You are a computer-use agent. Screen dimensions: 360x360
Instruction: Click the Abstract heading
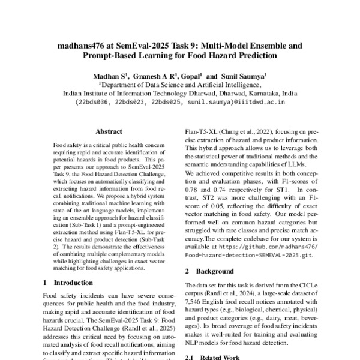[109, 131]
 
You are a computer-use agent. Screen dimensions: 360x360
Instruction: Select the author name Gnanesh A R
[154, 77]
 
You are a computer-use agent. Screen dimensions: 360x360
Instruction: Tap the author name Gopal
[190, 77]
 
